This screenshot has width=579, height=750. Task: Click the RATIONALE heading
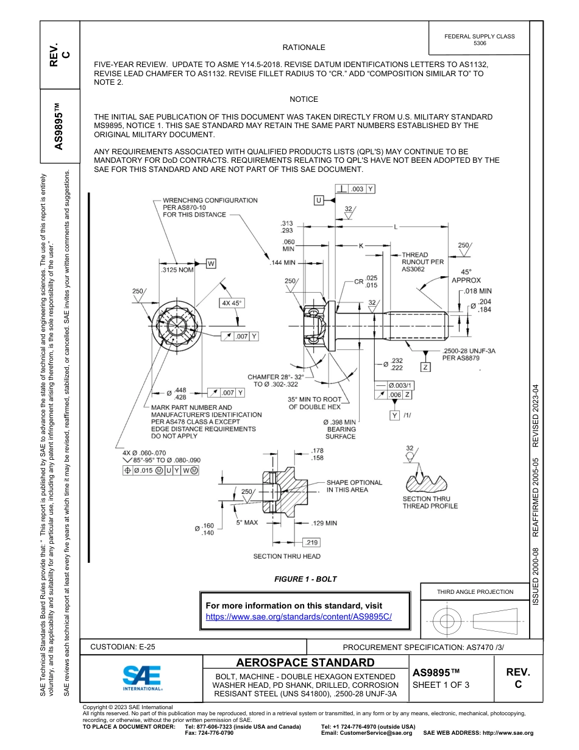point(304,48)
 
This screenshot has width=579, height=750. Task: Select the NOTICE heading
point(304,99)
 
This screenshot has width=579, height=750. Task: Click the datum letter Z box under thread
point(425,367)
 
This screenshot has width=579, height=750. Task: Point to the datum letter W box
point(211,263)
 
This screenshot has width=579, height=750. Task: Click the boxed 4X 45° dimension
point(231,303)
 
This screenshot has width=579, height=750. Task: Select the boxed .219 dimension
point(311,542)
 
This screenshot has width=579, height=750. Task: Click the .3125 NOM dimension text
point(176,270)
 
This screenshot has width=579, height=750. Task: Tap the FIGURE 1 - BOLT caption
point(305,579)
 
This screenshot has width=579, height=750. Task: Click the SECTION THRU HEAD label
point(286,556)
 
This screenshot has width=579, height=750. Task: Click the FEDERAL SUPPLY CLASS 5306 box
point(479,40)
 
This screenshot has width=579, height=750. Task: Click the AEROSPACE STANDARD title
point(305,662)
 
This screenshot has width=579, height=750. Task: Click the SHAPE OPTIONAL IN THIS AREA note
point(354,486)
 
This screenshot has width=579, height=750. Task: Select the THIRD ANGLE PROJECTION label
point(475,591)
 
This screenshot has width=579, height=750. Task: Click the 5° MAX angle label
point(248,523)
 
